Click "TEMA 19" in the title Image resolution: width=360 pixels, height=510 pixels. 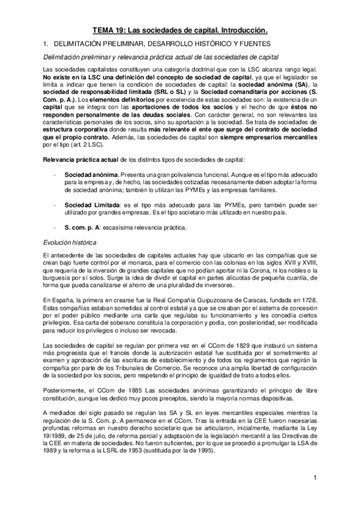[110, 29]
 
